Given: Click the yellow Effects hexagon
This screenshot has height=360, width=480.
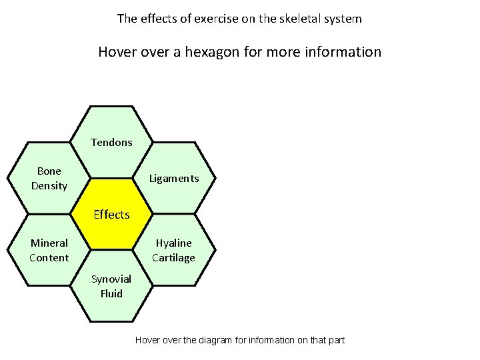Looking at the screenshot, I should [x=111, y=215].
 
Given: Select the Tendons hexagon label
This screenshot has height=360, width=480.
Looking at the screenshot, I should [x=111, y=142].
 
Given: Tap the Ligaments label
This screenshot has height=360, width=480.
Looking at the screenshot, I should [x=173, y=178].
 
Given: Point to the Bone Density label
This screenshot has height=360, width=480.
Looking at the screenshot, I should [x=49, y=178].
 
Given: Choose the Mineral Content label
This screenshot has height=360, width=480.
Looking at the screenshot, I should [x=49, y=250].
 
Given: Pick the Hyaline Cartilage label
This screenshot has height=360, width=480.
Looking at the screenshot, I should [x=173, y=250].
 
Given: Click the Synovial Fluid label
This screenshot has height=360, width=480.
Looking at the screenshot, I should [x=111, y=286].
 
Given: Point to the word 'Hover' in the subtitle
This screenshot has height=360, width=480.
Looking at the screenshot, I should [x=117, y=52].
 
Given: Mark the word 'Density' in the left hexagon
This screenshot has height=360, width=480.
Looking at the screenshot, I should [x=49, y=185].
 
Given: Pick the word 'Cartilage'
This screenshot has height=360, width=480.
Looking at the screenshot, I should [x=173, y=258].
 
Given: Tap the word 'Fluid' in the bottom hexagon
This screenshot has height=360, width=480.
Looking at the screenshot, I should [x=111, y=293].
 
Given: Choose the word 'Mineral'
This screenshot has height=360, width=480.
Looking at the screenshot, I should [x=49, y=243].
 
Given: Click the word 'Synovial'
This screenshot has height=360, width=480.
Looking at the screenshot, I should [x=111, y=279].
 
